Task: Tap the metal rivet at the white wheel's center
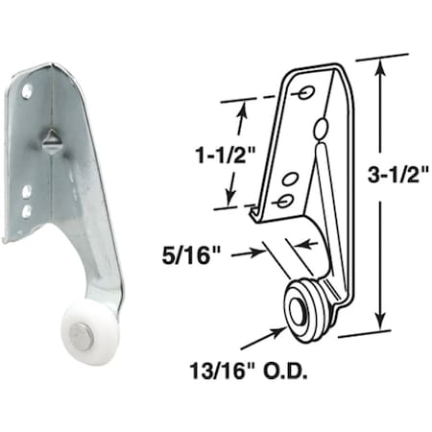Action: tap(87, 335)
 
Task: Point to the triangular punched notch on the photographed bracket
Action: tap(47, 137)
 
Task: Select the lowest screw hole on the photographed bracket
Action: tap(28, 210)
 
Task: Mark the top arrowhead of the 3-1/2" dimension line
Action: tap(381, 64)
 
